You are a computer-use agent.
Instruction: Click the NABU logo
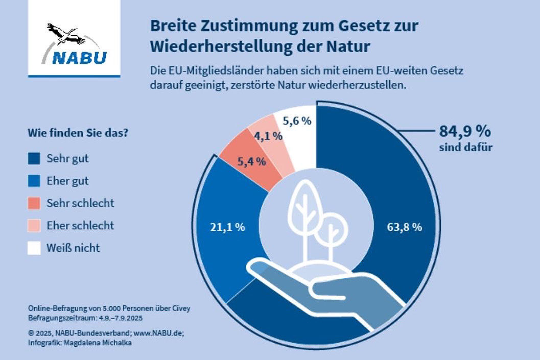[x=74, y=44]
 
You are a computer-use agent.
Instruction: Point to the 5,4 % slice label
[x=251, y=161]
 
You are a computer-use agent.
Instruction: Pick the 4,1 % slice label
[x=268, y=136]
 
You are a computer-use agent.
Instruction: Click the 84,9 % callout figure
[x=465, y=131]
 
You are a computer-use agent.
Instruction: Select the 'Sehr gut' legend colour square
[x=34, y=159]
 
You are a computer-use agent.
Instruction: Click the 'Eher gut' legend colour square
[x=34, y=181]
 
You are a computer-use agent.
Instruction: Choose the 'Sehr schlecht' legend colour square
[x=34, y=203]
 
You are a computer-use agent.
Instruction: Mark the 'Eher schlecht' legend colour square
[x=34, y=226]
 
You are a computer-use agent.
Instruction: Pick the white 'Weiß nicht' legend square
[x=34, y=248]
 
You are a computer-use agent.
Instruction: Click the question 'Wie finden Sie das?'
[x=78, y=134]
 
